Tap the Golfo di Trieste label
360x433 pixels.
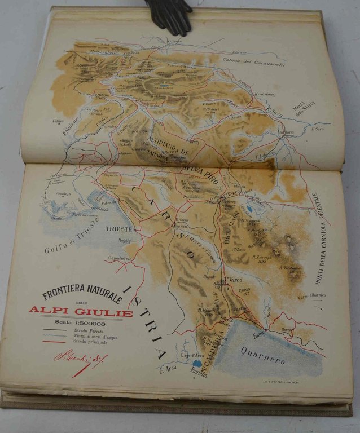(72, 236)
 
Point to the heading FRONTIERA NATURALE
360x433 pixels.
(81, 293)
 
